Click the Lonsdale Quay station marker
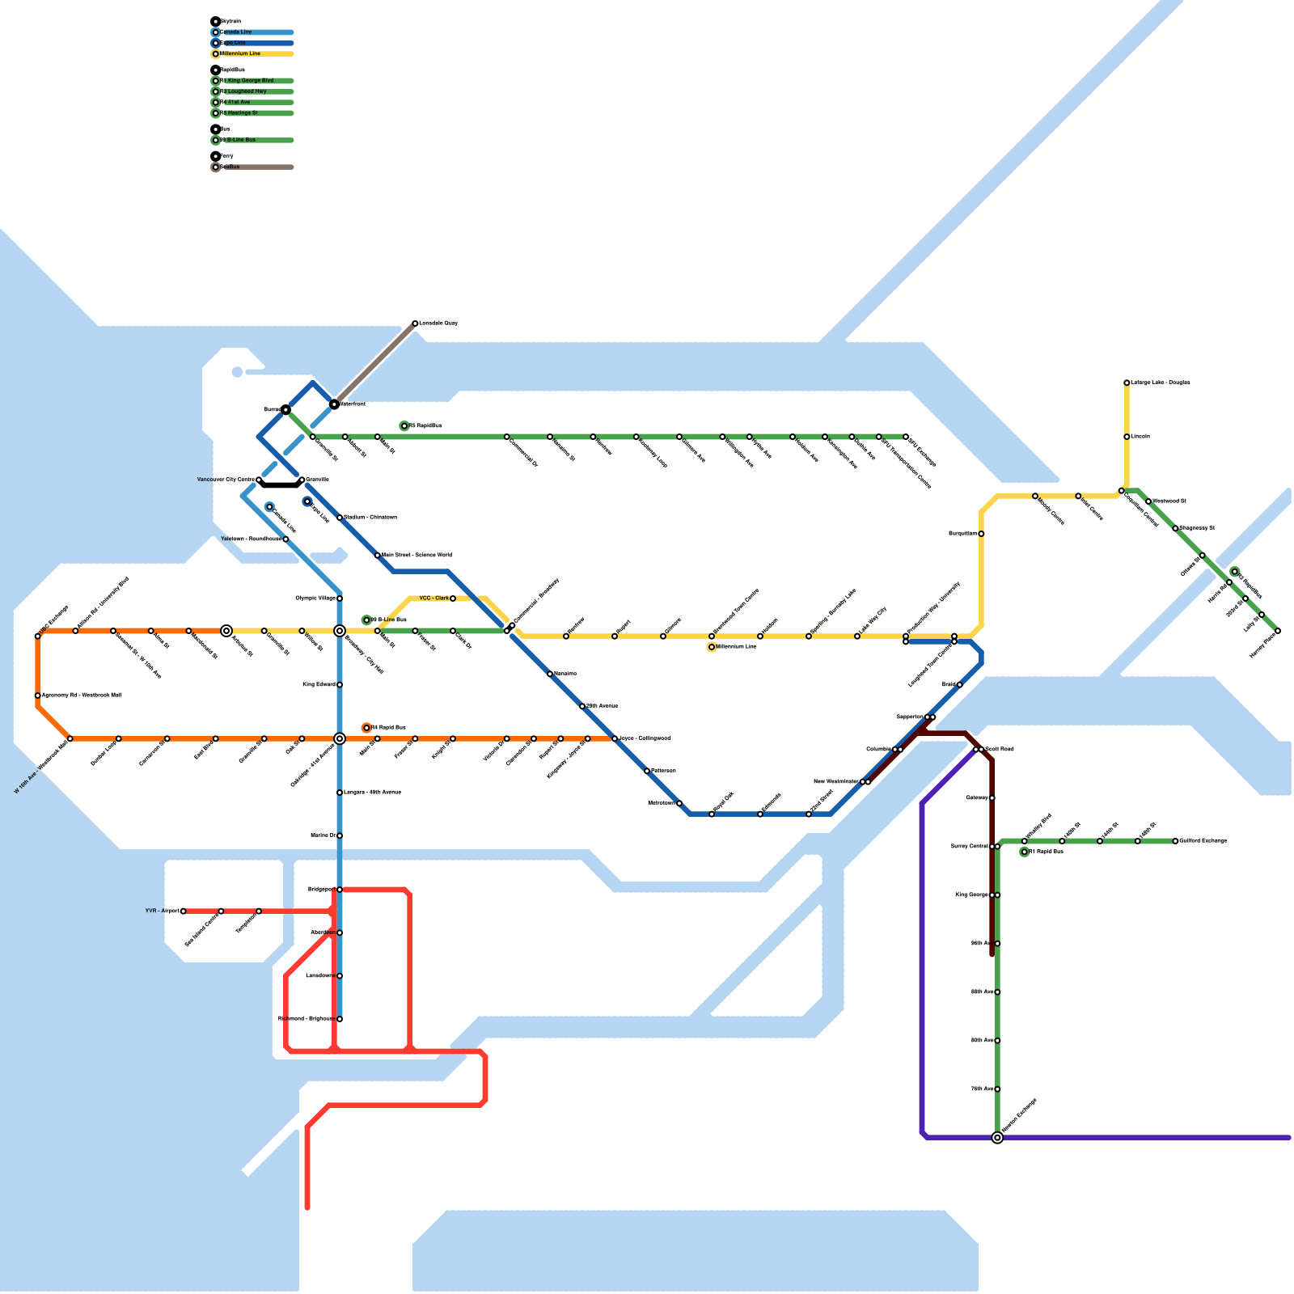tap(415, 323)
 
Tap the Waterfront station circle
tap(334, 404)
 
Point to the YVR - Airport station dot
tap(184, 911)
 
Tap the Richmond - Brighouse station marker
tap(340, 1019)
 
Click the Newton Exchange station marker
tap(997, 1138)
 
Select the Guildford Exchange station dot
tap(1175, 841)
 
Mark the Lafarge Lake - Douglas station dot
tap(1127, 383)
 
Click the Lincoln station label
tap(1140, 437)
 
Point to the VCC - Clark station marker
tap(453, 598)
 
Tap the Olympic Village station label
tap(315, 598)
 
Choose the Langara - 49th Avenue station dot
tap(340, 793)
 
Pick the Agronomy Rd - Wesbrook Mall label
tap(82, 696)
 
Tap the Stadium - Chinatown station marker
tap(340, 518)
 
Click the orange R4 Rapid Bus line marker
tap(366, 728)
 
